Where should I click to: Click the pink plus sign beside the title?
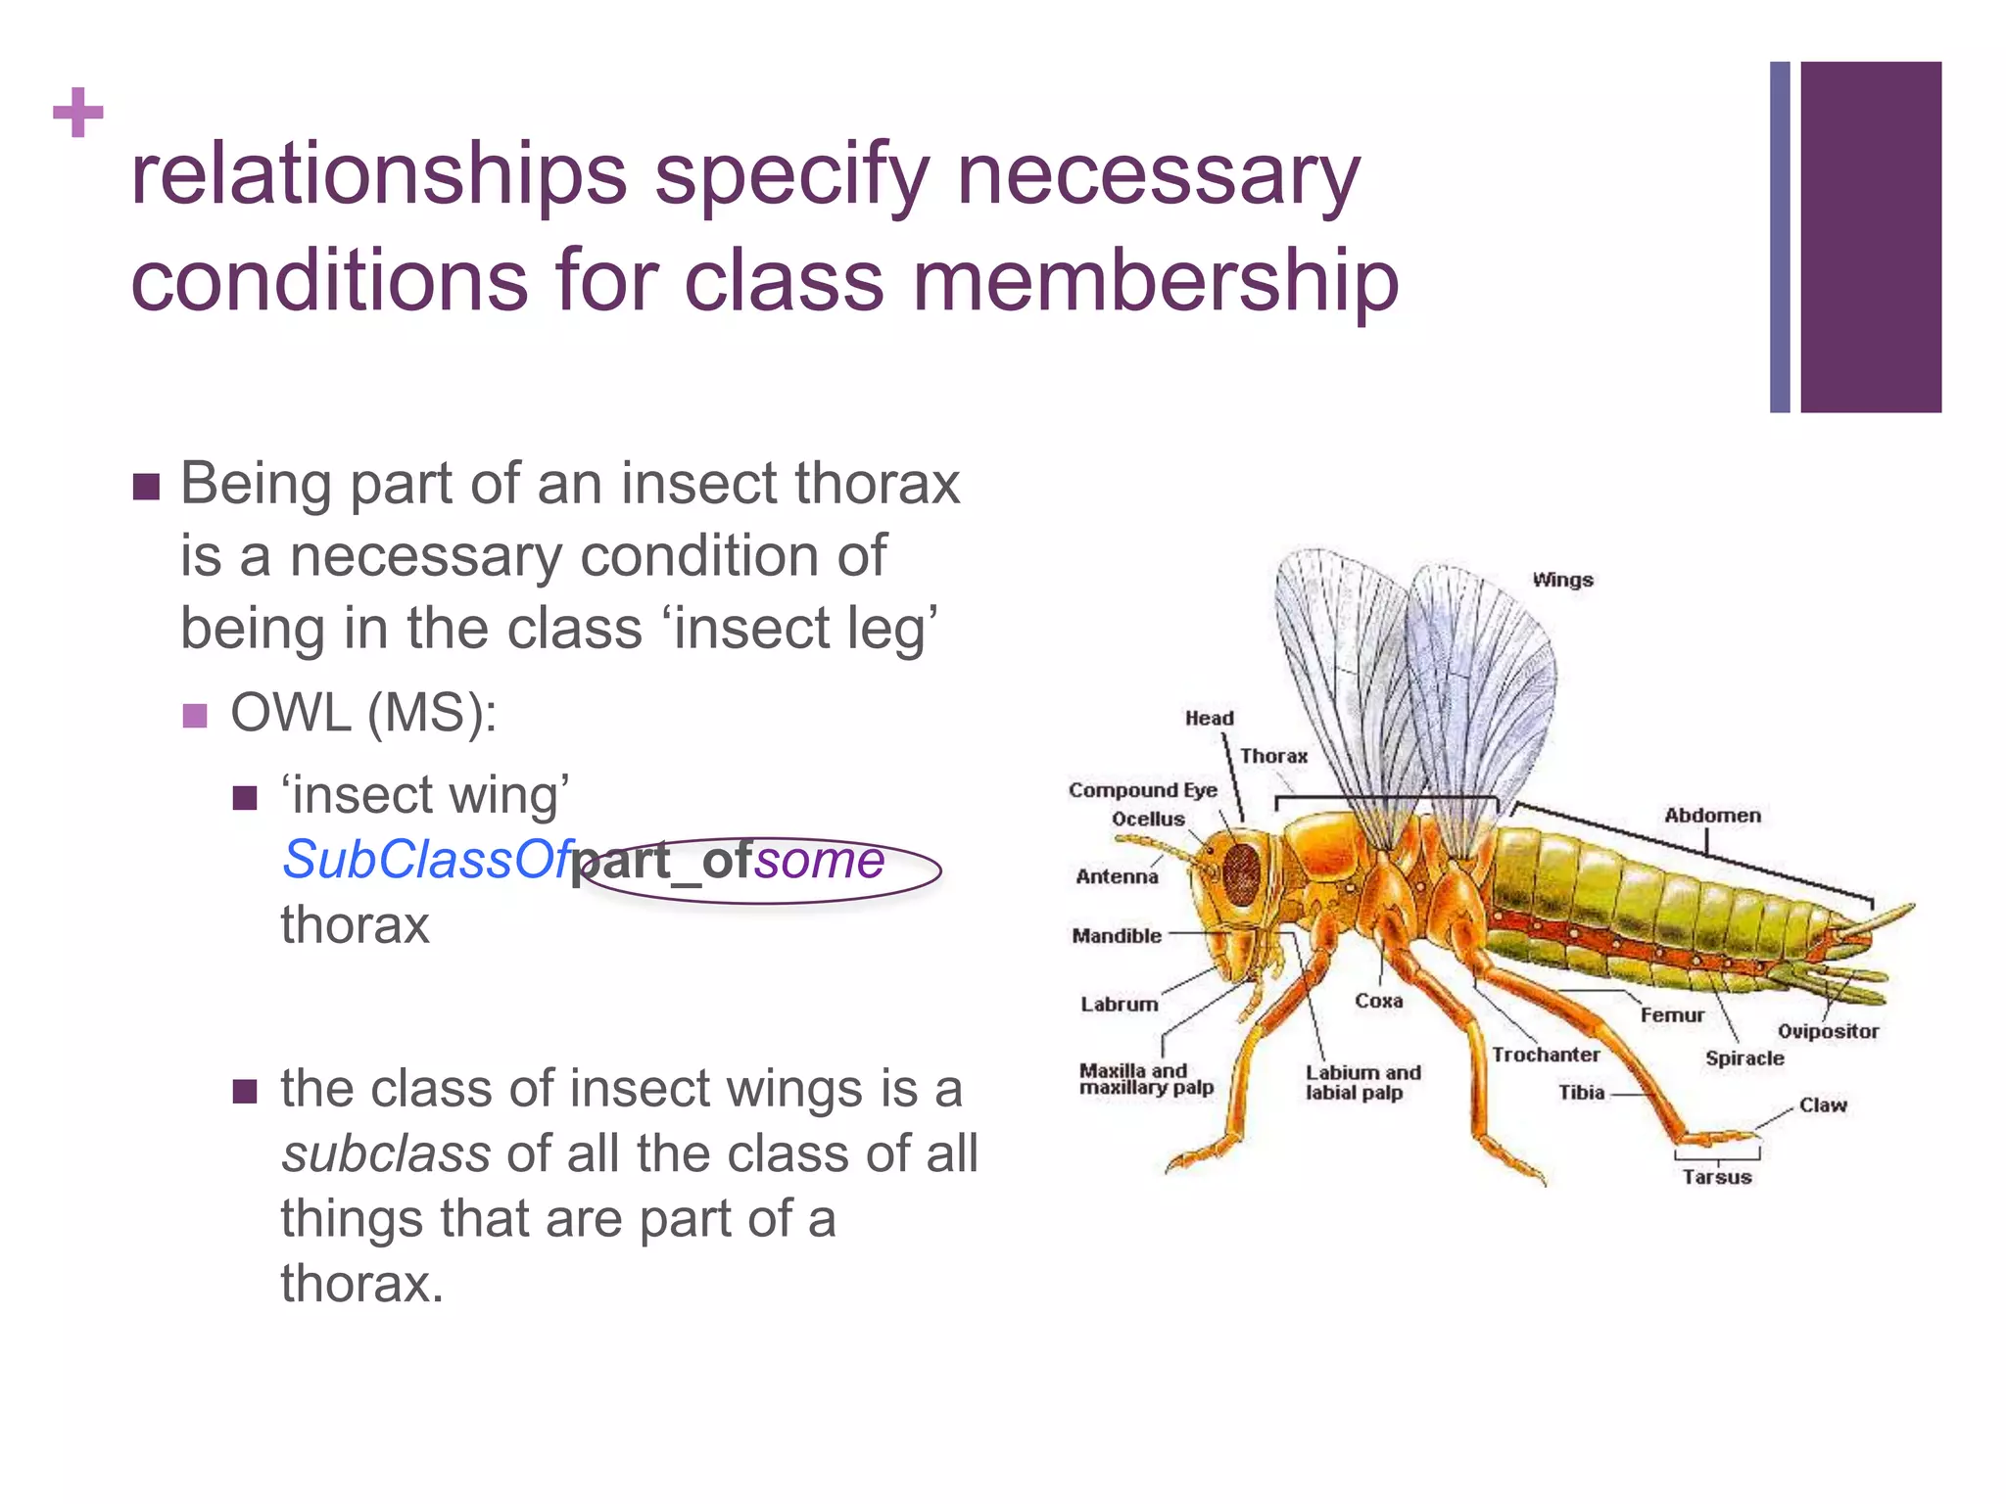[78, 113]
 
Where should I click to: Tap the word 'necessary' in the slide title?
[1158, 176]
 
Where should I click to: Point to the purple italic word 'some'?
[820, 860]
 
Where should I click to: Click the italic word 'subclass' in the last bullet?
[386, 1153]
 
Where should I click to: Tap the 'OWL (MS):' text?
[363, 713]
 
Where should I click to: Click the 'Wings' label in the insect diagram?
[1562, 580]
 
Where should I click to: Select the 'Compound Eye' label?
[1142, 790]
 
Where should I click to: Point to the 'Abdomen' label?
[1712, 816]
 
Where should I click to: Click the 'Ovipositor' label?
[1828, 1031]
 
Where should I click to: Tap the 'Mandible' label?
[1117, 936]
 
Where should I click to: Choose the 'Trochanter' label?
[1546, 1055]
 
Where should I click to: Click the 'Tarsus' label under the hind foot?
[1716, 1177]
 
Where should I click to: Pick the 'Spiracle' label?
[1744, 1058]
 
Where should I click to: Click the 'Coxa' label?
[1378, 1001]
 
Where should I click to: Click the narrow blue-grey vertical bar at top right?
[1780, 237]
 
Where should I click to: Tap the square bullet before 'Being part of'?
[146, 487]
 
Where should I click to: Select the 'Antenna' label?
[1117, 877]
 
